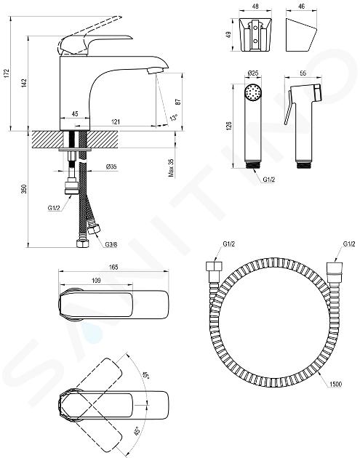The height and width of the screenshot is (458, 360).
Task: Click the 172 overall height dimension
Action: click(7, 73)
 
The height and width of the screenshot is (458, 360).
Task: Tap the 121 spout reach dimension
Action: click(115, 121)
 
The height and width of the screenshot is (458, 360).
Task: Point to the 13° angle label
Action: click(174, 118)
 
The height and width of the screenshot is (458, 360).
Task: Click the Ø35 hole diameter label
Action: click(111, 166)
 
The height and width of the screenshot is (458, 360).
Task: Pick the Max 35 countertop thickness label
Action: click(171, 167)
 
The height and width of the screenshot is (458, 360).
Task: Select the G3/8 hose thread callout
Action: click(111, 244)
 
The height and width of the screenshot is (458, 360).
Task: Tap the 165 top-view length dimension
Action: click(113, 267)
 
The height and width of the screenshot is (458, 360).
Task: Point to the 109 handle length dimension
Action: click(96, 281)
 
